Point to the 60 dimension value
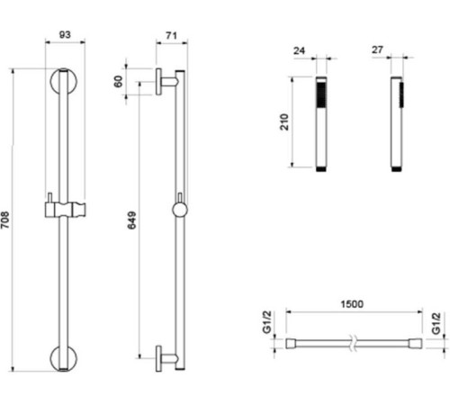[x=117, y=81]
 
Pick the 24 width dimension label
[x=299, y=51]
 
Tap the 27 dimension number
[x=378, y=51]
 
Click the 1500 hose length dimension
[x=352, y=305]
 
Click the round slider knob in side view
[x=180, y=210]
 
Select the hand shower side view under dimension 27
[x=397, y=123]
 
